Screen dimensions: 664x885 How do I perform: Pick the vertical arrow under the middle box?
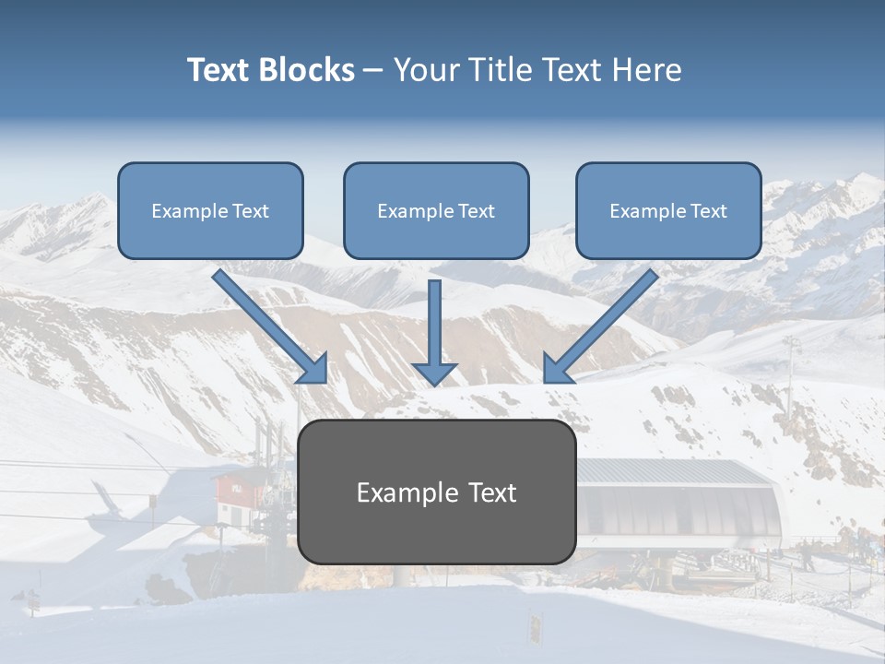(x=434, y=327)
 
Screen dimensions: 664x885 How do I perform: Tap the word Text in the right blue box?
(x=709, y=211)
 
